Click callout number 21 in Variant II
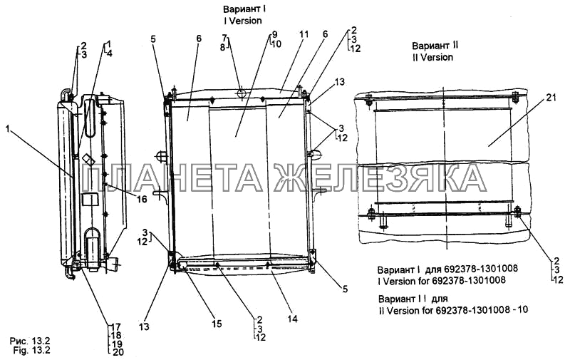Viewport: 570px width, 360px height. click(x=549, y=98)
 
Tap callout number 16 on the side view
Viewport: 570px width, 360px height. click(x=142, y=199)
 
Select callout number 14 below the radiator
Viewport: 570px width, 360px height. click(x=292, y=319)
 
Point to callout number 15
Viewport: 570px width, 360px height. click(x=217, y=323)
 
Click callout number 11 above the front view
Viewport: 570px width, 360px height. click(x=304, y=34)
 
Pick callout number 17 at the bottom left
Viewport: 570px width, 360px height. click(x=116, y=327)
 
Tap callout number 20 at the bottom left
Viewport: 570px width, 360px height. click(x=117, y=352)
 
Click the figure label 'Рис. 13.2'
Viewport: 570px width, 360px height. click(x=30, y=341)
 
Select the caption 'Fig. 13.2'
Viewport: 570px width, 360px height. click(x=31, y=350)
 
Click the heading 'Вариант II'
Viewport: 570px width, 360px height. click(x=435, y=46)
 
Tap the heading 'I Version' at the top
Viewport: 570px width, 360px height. click(x=243, y=21)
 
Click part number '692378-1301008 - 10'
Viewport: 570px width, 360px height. click(x=481, y=310)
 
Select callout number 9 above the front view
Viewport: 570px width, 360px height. click(x=274, y=34)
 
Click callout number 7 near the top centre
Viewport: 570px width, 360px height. click(x=224, y=38)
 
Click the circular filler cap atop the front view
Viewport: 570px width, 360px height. click(x=241, y=93)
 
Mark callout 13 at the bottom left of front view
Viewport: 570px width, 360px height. click(x=144, y=326)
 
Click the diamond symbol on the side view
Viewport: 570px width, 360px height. click(x=88, y=160)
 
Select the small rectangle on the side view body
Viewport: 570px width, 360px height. click(x=90, y=200)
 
